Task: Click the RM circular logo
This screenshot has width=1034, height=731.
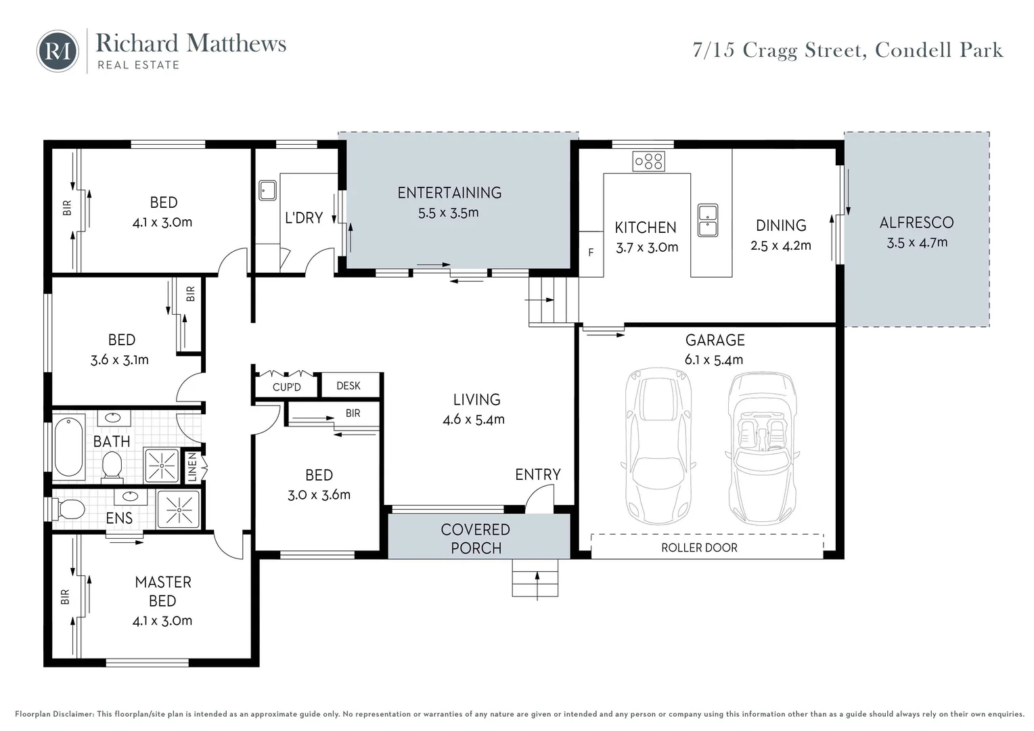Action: (x=58, y=51)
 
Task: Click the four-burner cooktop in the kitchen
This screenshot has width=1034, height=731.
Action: (x=648, y=162)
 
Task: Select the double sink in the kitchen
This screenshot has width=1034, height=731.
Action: (x=708, y=220)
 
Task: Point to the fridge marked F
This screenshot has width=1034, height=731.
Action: (x=591, y=254)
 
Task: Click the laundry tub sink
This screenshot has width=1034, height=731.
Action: (x=267, y=190)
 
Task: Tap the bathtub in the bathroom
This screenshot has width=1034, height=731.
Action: (x=68, y=447)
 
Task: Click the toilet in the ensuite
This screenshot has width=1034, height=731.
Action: (x=69, y=510)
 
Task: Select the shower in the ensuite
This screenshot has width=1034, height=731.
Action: (x=179, y=510)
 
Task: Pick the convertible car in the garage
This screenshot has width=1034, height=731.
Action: (x=762, y=448)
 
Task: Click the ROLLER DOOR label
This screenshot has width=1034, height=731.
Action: (x=699, y=548)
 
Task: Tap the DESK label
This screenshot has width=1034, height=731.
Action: (x=349, y=386)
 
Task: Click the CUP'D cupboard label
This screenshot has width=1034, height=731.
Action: (x=287, y=387)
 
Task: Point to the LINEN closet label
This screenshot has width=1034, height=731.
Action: (x=193, y=466)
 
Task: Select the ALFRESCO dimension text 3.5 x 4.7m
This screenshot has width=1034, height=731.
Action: (x=917, y=242)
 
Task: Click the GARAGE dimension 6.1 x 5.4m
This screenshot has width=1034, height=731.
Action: (x=714, y=359)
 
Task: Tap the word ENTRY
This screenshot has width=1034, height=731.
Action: (x=538, y=474)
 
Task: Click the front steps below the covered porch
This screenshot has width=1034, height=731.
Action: (x=535, y=577)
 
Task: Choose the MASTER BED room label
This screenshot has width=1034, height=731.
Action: (x=163, y=592)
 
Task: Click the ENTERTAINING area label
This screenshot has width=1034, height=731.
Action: (x=449, y=192)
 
